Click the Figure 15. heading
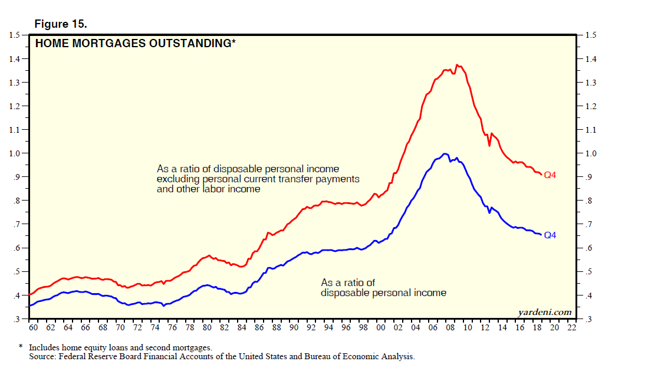point(61,24)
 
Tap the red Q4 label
point(550,175)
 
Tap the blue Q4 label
point(550,235)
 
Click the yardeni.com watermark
point(545,312)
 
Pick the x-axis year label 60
point(33,328)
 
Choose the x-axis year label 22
point(571,328)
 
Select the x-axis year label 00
point(380,328)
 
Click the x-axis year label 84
point(241,328)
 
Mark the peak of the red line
point(457,65)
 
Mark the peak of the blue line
point(445,153)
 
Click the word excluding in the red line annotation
point(178,179)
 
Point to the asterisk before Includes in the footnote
point(21,347)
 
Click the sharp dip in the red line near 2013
point(489,146)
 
